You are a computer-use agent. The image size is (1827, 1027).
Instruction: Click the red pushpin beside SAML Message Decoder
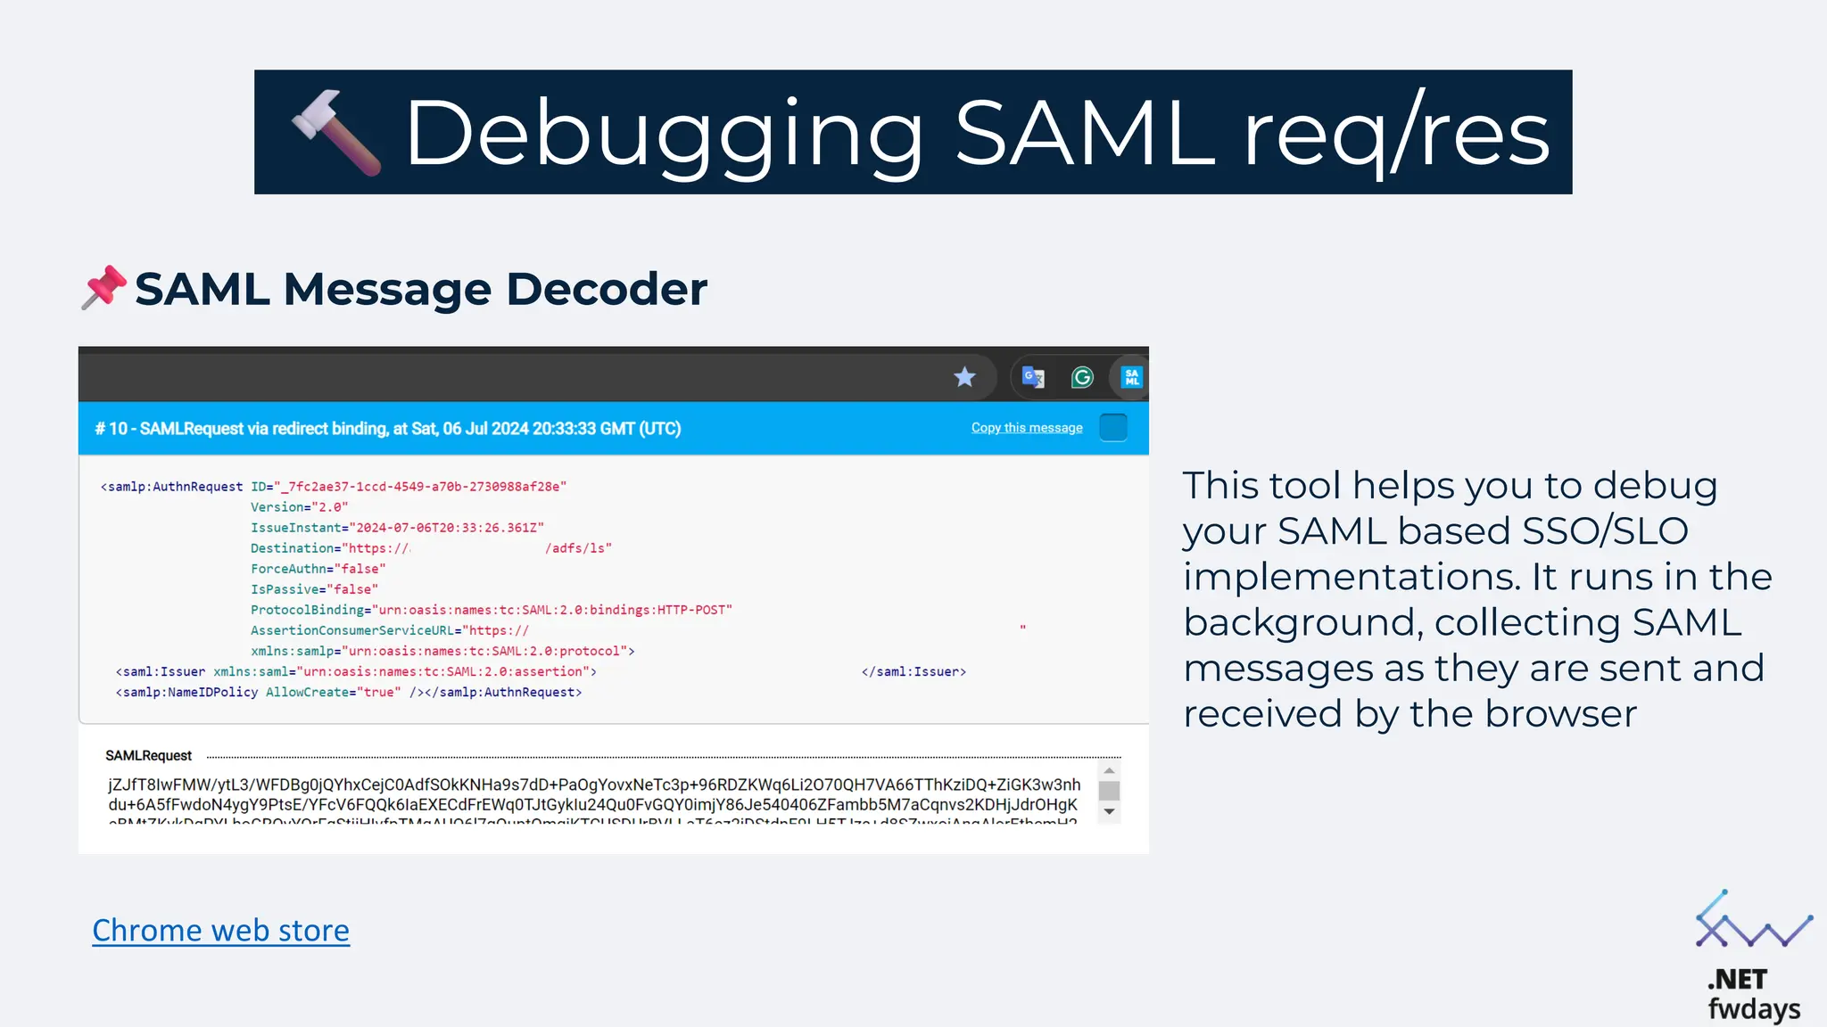(104, 287)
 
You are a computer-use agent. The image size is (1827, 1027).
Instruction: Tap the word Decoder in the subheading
(607, 289)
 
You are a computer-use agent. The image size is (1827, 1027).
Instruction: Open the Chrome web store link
(220, 930)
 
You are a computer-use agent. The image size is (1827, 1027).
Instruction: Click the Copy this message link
(1027, 428)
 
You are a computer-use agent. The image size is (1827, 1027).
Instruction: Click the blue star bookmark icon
(964, 377)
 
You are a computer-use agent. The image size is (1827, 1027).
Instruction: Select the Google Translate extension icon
(1033, 377)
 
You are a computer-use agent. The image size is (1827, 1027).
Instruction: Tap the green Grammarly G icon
(1082, 377)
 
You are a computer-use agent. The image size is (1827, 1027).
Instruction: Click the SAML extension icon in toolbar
(1131, 377)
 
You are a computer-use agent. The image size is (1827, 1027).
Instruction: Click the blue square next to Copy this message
(1112, 428)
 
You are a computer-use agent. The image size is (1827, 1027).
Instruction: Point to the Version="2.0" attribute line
(299, 507)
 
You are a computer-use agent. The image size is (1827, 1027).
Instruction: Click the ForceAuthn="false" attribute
(318, 569)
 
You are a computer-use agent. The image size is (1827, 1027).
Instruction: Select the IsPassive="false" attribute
(314, 589)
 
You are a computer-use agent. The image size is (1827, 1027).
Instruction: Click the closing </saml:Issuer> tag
(913, 672)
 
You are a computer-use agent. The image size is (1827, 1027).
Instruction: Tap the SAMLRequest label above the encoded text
(148, 756)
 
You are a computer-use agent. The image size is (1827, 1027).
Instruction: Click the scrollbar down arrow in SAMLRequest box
(1109, 811)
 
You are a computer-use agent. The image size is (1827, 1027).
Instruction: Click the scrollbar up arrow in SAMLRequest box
(1109, 770)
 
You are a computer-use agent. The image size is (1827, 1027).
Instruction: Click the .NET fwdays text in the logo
(1752, 994)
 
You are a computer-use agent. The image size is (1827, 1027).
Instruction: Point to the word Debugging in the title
(664, 133)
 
